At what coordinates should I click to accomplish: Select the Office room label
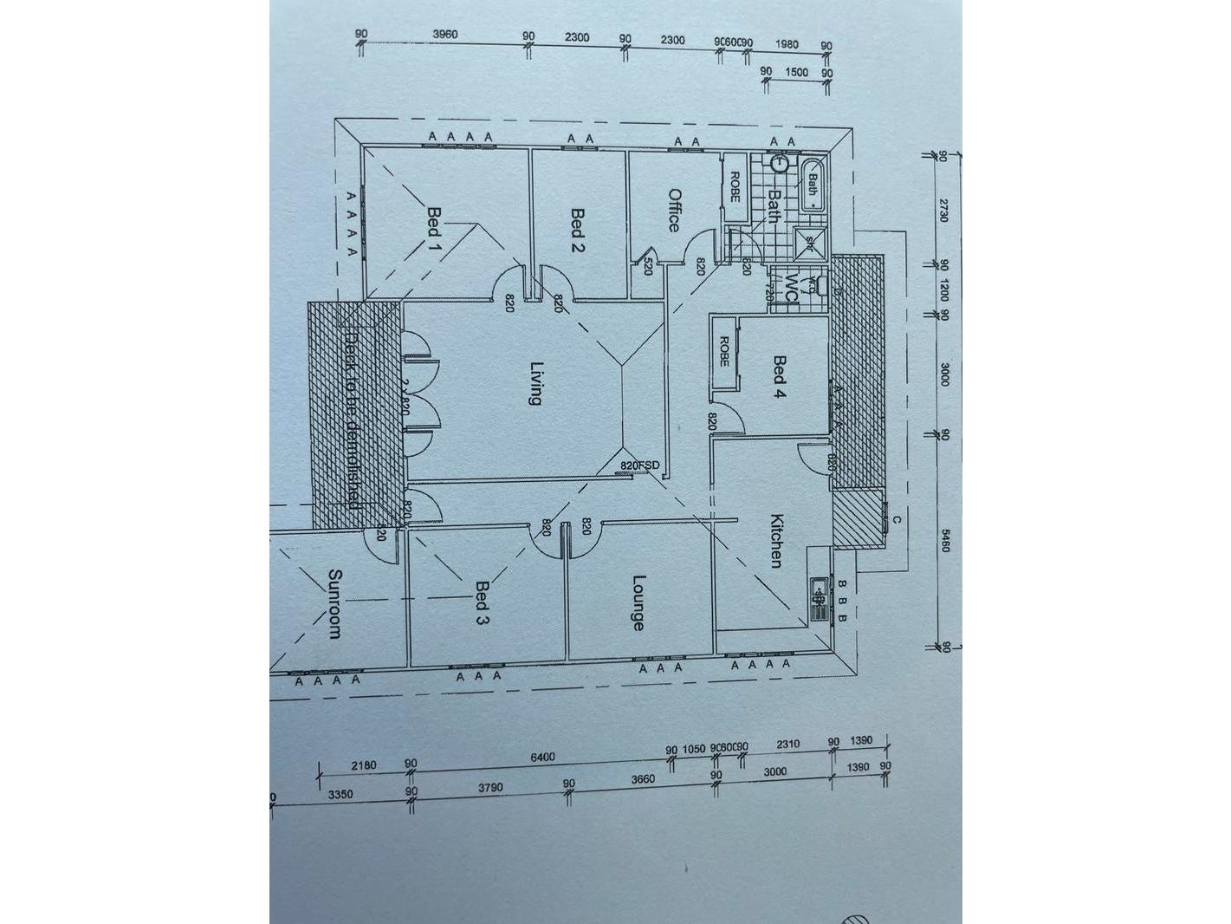[674, 210]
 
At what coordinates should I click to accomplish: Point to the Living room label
[535, 383]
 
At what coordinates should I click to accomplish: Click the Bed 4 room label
[780, 377]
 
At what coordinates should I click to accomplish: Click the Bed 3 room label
[483, 602]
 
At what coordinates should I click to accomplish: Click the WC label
[791, 287]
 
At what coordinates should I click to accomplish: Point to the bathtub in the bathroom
[813, 185]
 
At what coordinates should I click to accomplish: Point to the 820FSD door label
[640, 466]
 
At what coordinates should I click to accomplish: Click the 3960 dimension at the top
[444, 35]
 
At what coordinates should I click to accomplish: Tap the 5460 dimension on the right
[945, 543]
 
